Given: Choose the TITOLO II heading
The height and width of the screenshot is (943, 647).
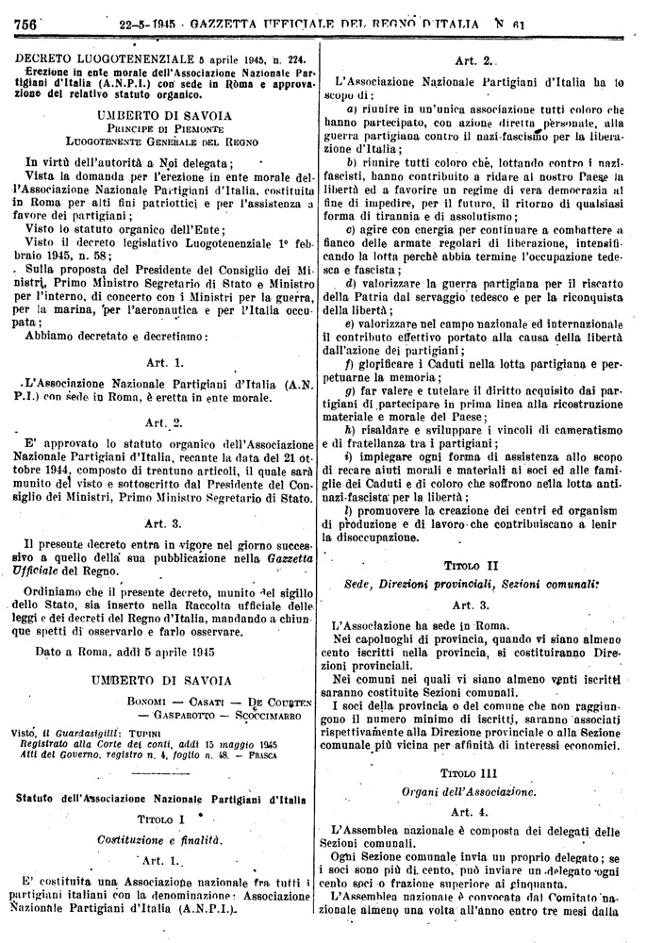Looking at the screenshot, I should click(469, 565).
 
